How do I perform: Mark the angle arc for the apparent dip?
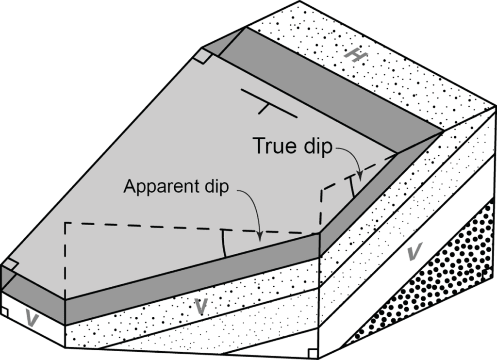(x=224, y=244)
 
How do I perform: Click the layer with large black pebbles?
(x=437, y=281)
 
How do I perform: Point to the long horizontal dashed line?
(x=189, y=228)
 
